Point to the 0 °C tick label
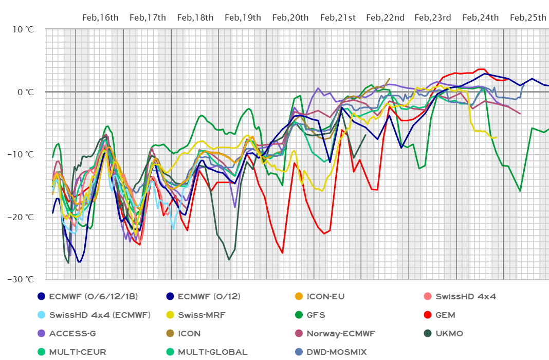click(x=25, y=92)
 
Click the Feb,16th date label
click(x=100, y=17)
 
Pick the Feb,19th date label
click(x=243, y=17)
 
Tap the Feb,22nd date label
click(x=385, y=17)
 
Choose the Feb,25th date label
click(x=527, y=17)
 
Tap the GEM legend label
click(x=445, y=315)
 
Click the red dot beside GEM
click(x=427, y=315)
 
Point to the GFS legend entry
click(x=316, y=315)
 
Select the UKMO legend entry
click(x=449, y=333)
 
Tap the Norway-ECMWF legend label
click(x=340, y=333)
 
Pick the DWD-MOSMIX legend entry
click(x=337, y=352)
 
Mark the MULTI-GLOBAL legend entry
click(x=213, y=352)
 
